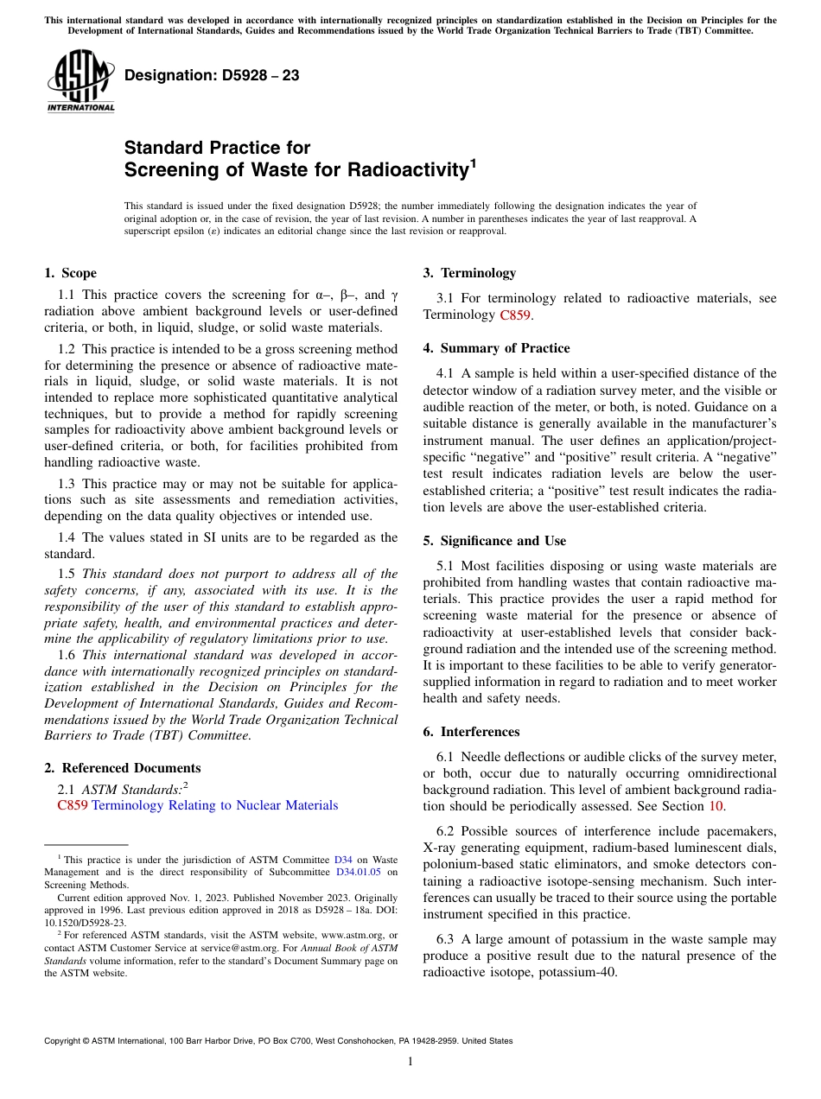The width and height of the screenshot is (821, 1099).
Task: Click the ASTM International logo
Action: (x=80, y=81)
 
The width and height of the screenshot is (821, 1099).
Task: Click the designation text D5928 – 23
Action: (x=212, y=75)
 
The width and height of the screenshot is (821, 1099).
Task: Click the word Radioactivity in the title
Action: (x=406, y=169)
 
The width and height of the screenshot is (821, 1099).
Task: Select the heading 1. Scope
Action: (x=70, y=273)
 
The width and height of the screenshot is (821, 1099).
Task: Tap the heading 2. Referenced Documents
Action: (x=122, y=768)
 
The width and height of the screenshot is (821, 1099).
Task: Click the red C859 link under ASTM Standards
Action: (x=73, y=805)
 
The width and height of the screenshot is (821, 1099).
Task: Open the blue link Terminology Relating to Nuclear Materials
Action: (x=214, y=805)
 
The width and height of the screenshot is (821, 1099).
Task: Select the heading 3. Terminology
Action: (x=469, y=273)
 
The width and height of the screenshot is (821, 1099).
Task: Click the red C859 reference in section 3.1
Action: (x=515, y=314)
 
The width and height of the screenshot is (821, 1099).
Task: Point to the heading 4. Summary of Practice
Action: (x=496, y=348)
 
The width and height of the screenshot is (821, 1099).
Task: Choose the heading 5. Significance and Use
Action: (x=494, y=541)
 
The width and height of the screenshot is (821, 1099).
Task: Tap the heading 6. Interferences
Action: (x=471, y=732)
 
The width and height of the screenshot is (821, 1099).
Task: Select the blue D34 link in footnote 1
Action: (x=343, y=860)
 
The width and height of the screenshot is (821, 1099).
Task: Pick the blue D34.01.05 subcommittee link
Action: (x=359, y=872)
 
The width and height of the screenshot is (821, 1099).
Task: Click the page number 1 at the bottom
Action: (x=410, y=1061)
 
